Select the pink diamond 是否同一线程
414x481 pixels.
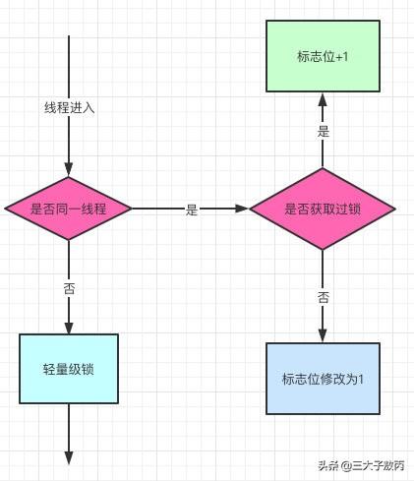tap(69, 209)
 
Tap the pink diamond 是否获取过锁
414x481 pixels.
tap(322, 209)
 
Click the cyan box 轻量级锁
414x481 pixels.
tap(69, 370)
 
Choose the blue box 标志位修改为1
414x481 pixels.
tap(322, 378)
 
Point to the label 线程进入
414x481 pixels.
tap(69, 107)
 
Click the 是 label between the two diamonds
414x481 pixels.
tap(192, 210)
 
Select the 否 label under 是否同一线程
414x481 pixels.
tap(69, 288)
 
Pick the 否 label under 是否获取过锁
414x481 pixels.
tap(322, 296)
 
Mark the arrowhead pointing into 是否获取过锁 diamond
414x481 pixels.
tap(242, 209)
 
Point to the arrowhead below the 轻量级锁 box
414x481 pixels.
tap(69, 457)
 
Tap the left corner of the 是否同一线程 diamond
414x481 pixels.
tap(7, 209)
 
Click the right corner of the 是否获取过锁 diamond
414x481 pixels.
tap(394, 209)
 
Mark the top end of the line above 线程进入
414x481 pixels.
tap(69, 36)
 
